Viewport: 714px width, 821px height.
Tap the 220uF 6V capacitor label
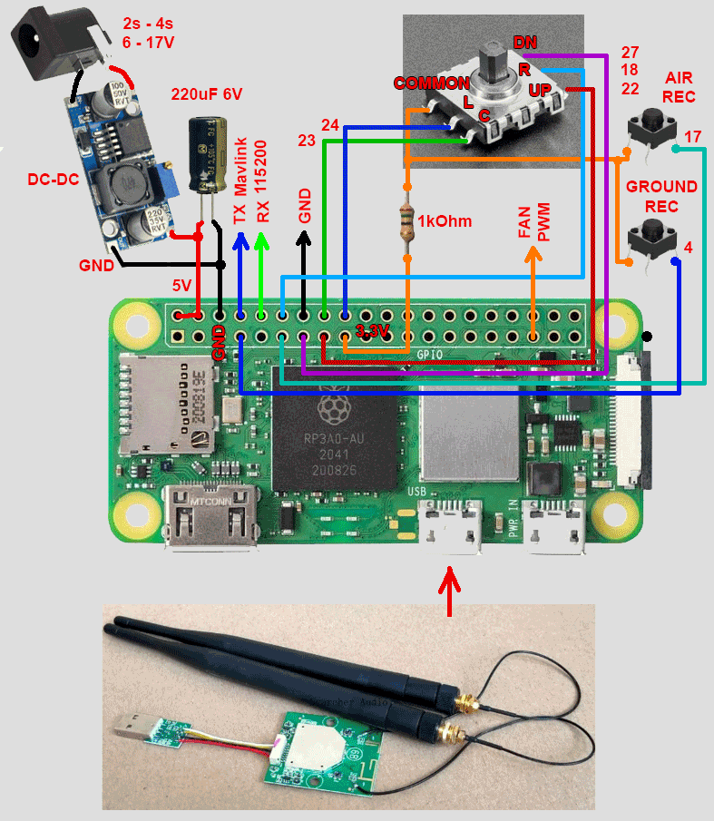pos(208,94)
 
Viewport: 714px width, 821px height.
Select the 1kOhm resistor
pos(407,219)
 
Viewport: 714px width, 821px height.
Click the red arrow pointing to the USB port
pos(450,589)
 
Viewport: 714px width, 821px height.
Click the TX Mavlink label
pos(240,181)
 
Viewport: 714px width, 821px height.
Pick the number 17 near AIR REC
pos(692,136)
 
